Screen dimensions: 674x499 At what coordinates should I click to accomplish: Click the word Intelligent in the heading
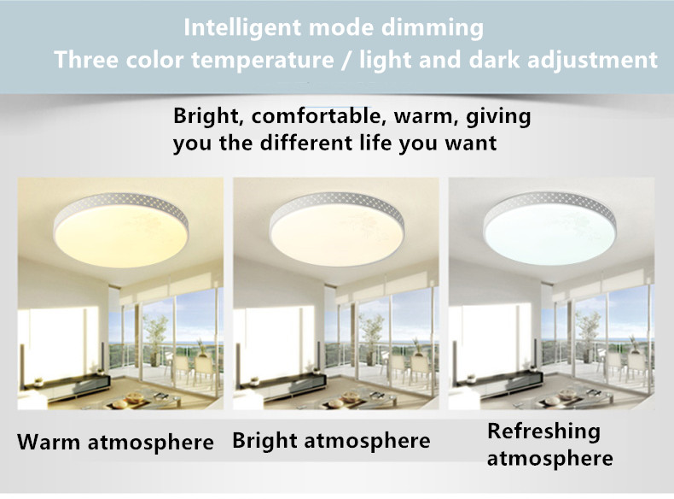pos(242,28)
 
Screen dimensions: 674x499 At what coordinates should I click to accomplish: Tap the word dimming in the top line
pos(433,28)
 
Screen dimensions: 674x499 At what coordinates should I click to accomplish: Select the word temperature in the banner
pos(263,60)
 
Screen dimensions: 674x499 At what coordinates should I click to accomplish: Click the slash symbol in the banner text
pos(346,60)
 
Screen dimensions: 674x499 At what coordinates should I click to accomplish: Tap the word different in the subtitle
pos(307,143)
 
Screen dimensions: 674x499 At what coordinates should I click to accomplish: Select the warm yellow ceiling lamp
pos(121,230)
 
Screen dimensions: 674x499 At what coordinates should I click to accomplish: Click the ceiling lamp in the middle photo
pos(337,229)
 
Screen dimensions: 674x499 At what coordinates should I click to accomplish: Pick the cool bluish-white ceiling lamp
pos(549,228)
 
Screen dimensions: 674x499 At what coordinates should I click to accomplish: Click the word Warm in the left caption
pos(49,442)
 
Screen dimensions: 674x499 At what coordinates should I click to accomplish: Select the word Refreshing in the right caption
pos(543,431)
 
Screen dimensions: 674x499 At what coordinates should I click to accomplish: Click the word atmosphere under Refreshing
pos(549,458)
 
